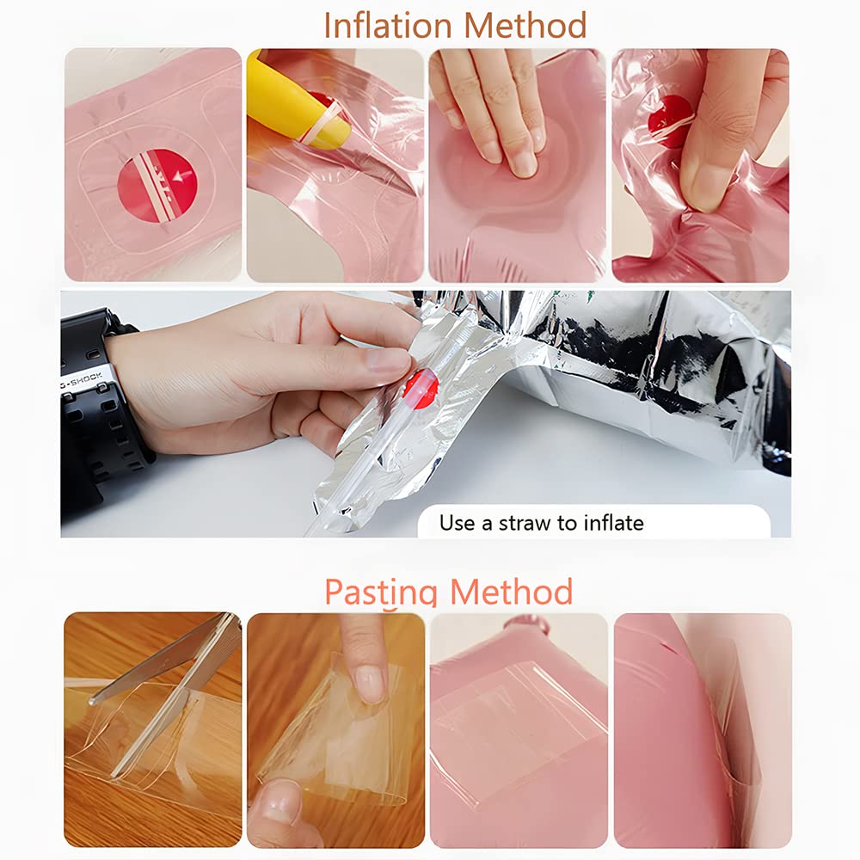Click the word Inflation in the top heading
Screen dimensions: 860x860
[389, 25]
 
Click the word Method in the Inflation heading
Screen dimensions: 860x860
[525, 25]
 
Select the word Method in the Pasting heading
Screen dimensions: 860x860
[511, 592]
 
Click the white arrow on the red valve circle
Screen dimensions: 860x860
[182, 176]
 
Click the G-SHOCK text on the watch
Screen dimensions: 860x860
[81, 379]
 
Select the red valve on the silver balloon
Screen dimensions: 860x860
[421, 389]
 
